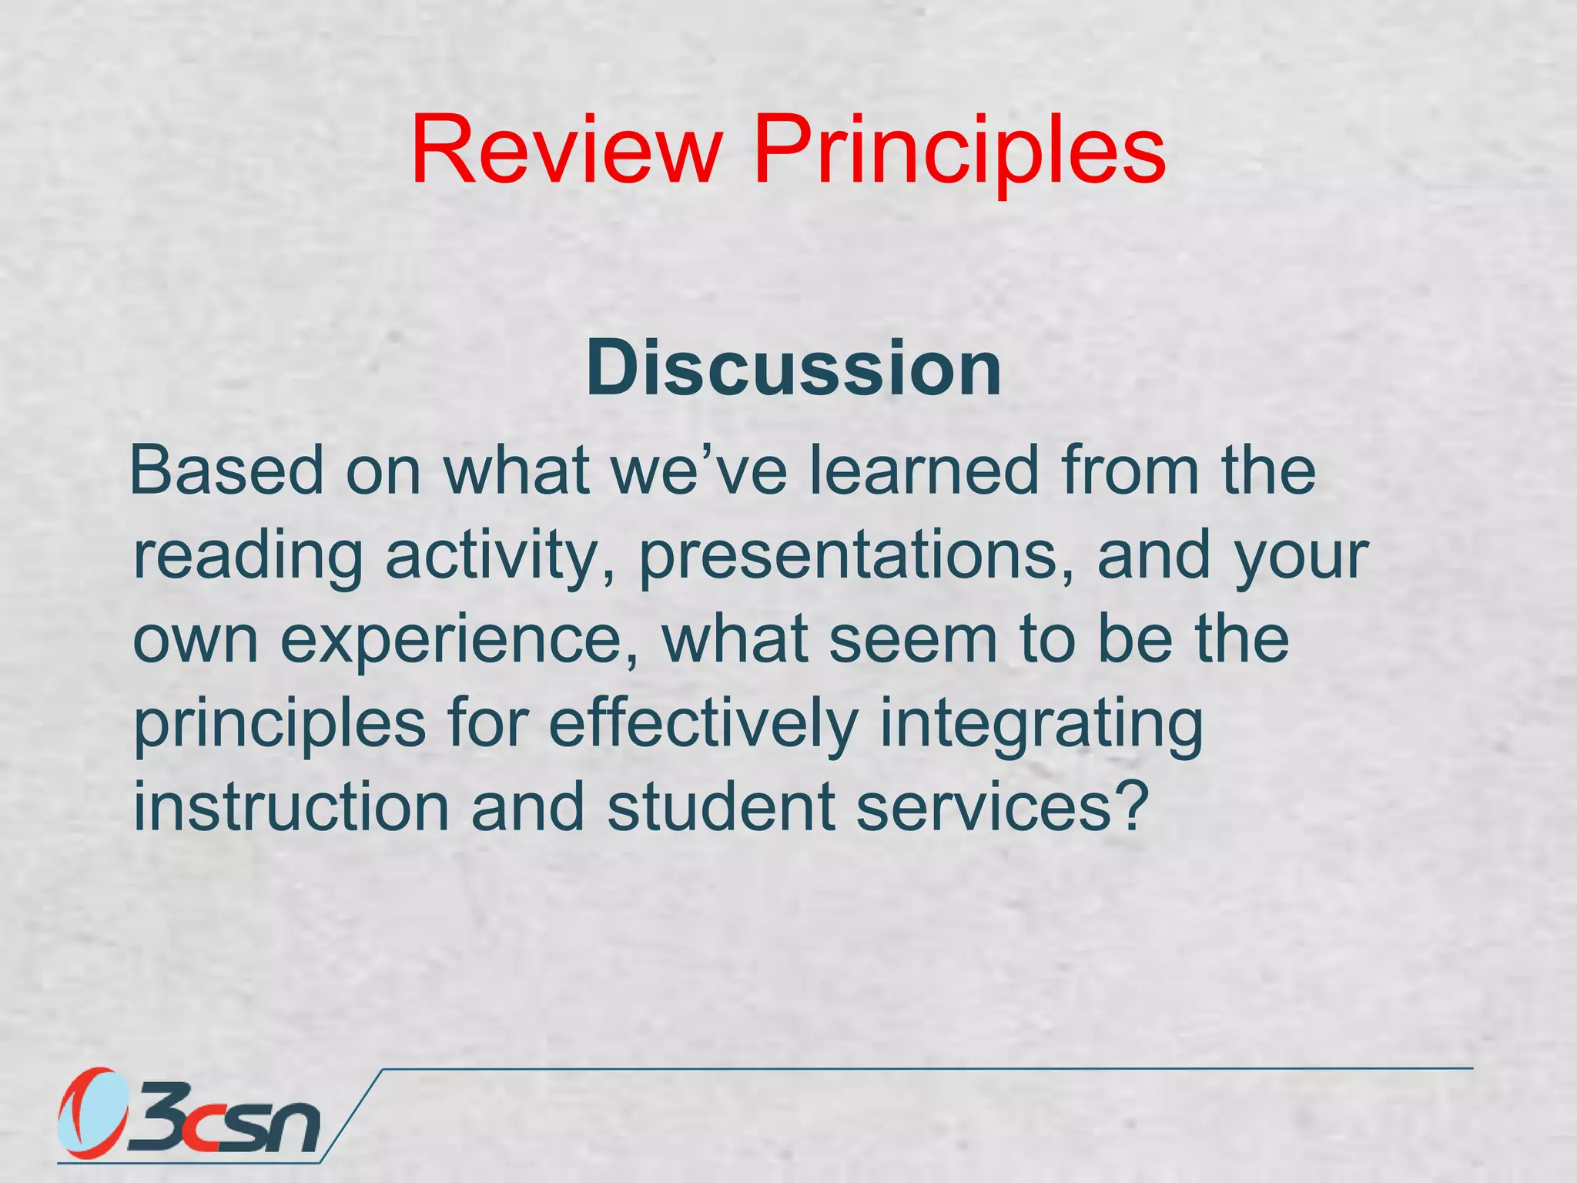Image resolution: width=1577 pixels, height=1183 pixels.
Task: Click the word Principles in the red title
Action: [x=959, y=151]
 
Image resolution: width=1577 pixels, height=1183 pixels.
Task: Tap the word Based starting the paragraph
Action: [x=227, y=471]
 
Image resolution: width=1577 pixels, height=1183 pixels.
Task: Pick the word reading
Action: [x=247, y=556]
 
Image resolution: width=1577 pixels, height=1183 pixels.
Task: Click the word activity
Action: [x=500, y=556]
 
